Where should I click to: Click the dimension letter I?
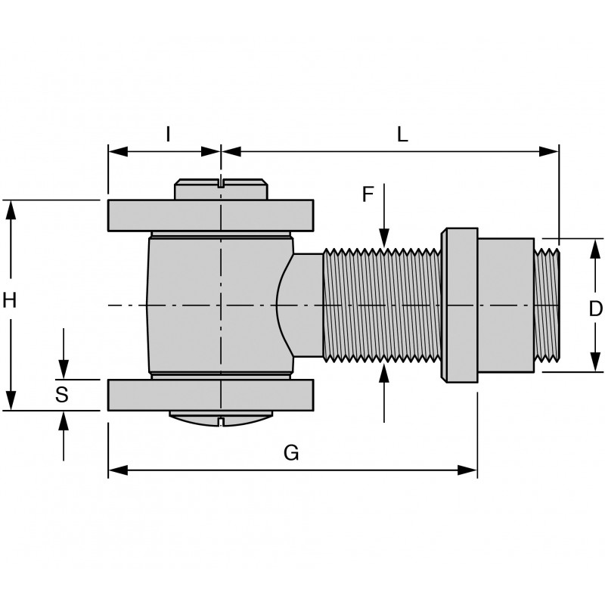168,134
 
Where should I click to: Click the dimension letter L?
402,134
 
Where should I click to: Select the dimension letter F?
368,194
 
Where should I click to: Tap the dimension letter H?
10,301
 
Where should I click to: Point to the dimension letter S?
62,393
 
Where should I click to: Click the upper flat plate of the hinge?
210,216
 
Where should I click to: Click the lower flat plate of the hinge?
210,395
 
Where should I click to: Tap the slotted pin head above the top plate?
221,189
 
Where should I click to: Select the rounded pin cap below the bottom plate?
220,418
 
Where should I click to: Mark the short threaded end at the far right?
547,305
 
